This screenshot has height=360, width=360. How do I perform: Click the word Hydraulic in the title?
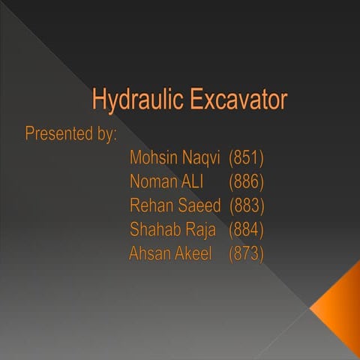tap(134, 100)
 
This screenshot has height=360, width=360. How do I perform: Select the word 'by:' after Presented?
tap(105, 135)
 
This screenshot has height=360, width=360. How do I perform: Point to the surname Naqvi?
tap(201, 158)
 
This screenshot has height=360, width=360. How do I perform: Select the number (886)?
tap(247, 181)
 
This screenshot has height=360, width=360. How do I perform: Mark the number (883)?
tap(247, 205)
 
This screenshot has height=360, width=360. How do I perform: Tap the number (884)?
tap(247, 229)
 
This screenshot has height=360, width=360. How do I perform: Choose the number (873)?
tap(247, 253)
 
